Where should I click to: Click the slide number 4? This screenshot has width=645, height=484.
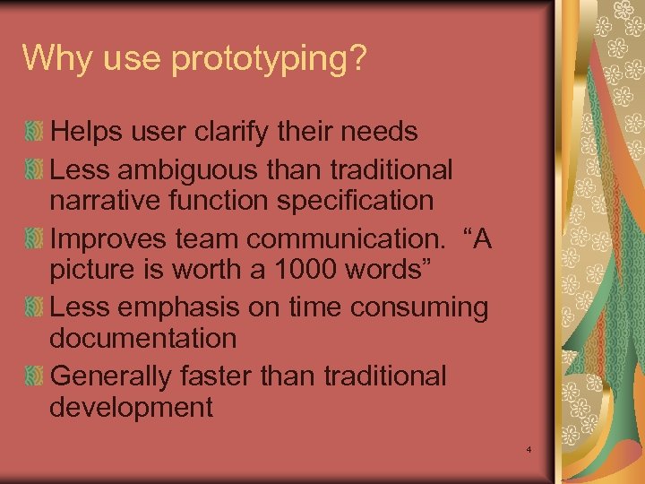(529, 448)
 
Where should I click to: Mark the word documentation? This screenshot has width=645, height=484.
(143, 339)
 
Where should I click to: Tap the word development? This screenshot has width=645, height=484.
(131, 408)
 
